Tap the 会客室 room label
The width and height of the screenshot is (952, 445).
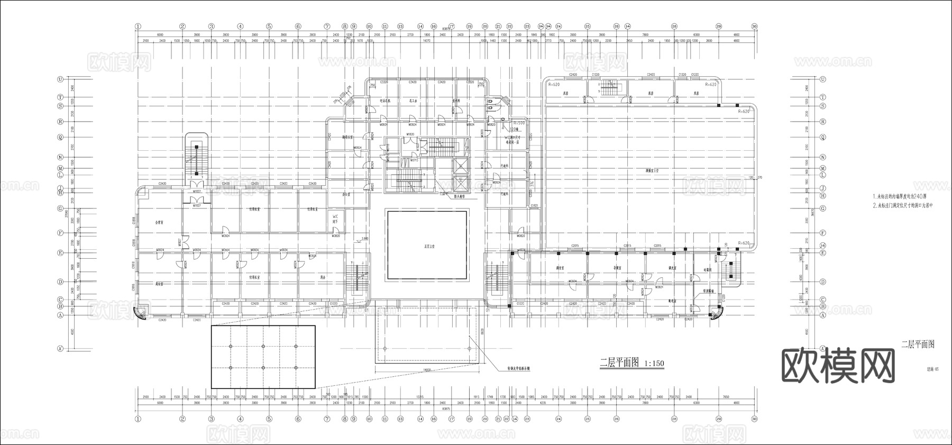click(x=158, y=223)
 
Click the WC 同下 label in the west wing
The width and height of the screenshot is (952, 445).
click(x=335, y=219)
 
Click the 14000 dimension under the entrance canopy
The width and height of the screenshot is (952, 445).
click(x=427, y=370)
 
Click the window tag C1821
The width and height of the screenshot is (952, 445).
click(x=534, y=205)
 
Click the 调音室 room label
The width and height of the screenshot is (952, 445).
click(x=560, y=268)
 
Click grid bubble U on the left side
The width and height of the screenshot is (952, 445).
click(x=60, y=79)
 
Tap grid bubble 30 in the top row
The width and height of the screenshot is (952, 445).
click(x=754, y=26)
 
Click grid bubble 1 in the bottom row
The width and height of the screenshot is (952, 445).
click(x=138, y=419)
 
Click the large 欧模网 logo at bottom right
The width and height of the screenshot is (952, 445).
click(x=838, y=365)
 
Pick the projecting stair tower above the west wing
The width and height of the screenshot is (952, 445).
click(x=196, y=156)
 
